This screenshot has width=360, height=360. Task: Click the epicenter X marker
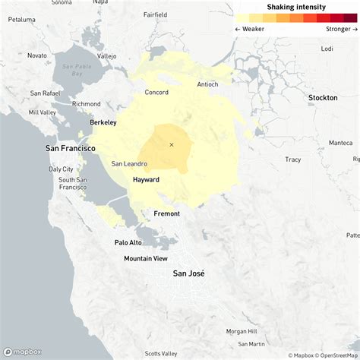(172, 144)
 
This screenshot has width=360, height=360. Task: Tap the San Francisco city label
(71, 148)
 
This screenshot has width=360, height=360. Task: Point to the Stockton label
(323, 98)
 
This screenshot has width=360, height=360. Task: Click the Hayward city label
(146, 179)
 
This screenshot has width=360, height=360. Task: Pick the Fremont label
(167, 214)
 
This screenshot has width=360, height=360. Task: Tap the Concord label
(156, 93)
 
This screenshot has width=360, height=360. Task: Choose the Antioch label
(207, 84)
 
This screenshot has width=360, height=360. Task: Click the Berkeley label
(103, 122)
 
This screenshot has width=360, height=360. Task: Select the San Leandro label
(129, 163)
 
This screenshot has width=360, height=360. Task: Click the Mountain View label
(146, 259)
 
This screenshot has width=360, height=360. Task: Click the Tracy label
(292, 159)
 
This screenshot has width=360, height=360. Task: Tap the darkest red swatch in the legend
(350, 17)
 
